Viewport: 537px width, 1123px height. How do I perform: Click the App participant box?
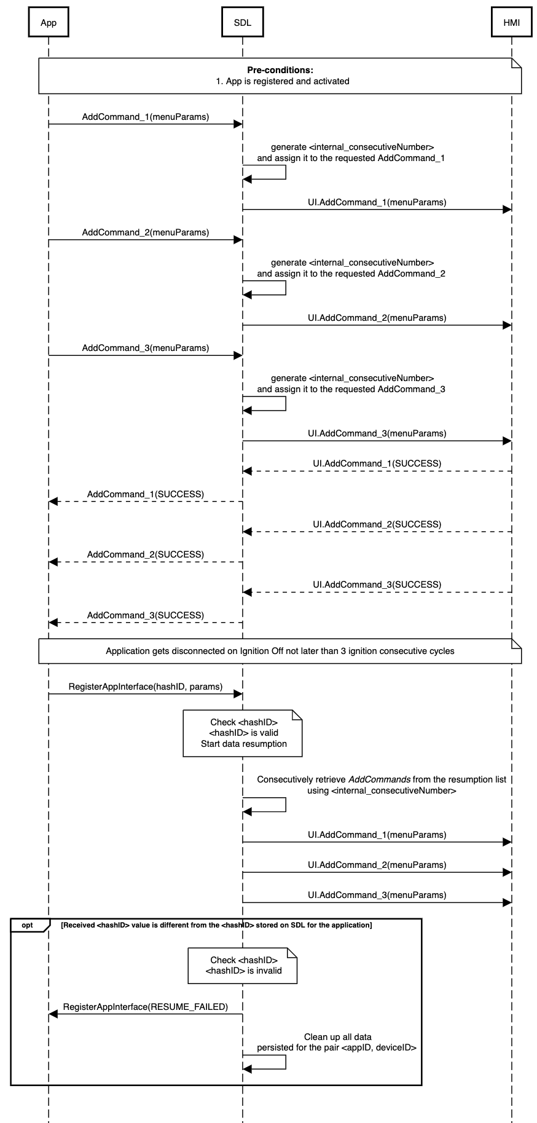(49, 23)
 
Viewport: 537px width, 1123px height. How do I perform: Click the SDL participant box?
(242, 23)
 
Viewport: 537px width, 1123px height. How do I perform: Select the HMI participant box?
(511, 23)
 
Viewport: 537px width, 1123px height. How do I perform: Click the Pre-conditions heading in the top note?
(280, 70)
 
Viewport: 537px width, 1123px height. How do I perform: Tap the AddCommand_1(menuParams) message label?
(145, 117)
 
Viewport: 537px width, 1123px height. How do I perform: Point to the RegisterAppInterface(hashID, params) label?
(145, 687)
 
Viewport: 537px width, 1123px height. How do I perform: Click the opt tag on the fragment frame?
(27, 925)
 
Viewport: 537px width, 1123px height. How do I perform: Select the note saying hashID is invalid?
(243, 966)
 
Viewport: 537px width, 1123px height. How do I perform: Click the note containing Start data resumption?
(243, 733)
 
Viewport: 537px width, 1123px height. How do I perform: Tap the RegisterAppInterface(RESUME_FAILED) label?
(145, 1007)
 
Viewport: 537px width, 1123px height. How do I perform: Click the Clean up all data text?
(337, 1037)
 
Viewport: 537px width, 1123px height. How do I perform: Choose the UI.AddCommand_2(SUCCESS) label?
(377, 524)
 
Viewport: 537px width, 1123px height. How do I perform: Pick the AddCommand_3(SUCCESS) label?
(145, 615)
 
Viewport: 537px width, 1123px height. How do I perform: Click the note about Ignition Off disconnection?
(280, 651)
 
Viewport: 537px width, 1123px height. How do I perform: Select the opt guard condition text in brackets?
(216, 925)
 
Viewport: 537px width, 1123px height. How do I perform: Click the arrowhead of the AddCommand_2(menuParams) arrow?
(238, 240)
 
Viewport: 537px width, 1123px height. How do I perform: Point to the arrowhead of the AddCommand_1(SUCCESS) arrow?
(53, 502)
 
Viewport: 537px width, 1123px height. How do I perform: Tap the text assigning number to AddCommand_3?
(351, 389)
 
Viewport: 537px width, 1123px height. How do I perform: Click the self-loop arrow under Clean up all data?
(270, 1063)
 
